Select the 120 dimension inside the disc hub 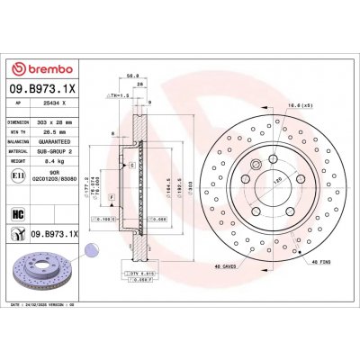264,181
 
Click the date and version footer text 45,306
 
